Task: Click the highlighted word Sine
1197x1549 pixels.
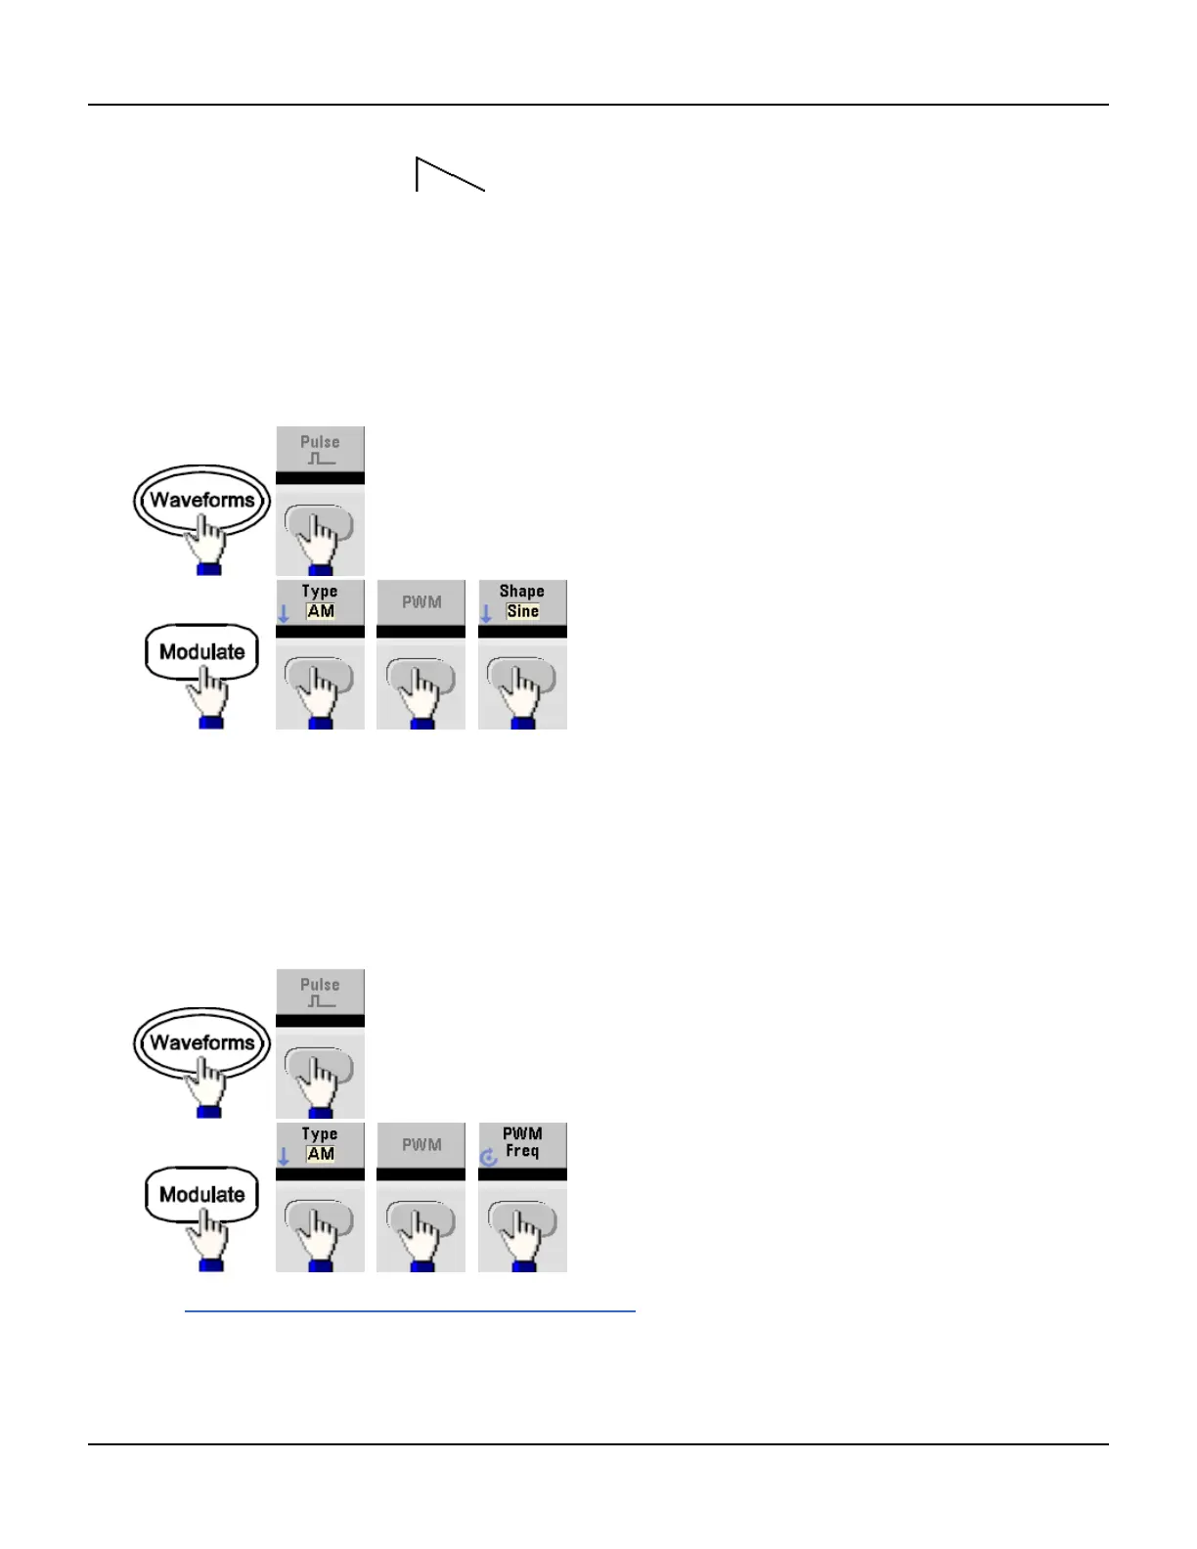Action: [523, 611]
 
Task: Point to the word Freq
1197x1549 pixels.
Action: [522, 1152]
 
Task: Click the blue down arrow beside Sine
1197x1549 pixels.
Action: [486, 614]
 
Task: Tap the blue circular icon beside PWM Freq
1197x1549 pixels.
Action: [489, 1158]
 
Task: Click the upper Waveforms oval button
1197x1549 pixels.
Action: [201, 501]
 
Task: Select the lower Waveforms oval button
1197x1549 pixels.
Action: [201, 1043]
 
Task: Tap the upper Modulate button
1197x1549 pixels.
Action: [201, 652]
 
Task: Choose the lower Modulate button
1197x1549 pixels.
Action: [201, 1195]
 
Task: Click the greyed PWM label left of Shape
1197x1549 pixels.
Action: [421, 602]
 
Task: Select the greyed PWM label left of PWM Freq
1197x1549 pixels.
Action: [421, 1145]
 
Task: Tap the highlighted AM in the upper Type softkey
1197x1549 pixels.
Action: [321, 611]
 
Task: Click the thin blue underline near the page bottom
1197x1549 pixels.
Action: [410, 1310]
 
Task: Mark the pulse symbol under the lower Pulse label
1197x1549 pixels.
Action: [321, 1001]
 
